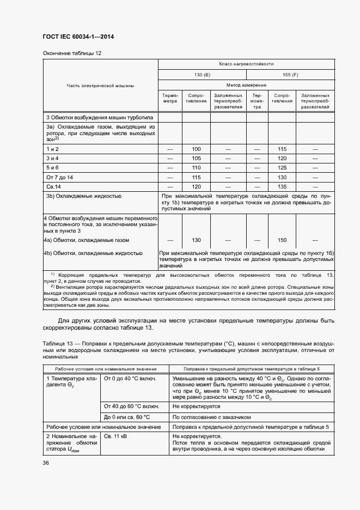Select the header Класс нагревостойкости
point(246,64)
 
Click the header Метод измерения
point(246,85)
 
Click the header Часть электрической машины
point(100,85)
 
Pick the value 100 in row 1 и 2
point(197,149)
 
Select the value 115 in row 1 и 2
point(282,149)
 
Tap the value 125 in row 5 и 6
point(282,167)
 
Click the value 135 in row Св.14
point(282,186)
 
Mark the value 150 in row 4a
point(282,240)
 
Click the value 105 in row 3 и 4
point(197,158)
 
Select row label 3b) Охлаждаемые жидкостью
point(83,195)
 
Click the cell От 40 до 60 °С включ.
point(131,406)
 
